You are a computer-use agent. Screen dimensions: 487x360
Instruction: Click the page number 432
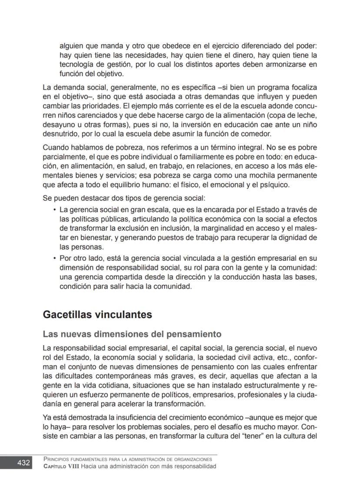point(23,463)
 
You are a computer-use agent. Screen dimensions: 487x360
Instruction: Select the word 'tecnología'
point(77,65)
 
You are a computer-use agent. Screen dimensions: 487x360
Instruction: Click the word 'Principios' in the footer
point(58,459)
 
